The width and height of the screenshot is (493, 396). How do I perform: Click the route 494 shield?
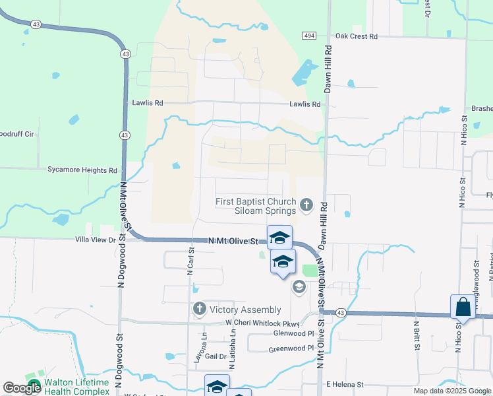click(x=310, y=35)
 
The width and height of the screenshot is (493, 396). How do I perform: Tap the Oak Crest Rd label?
click(x=356, y=36)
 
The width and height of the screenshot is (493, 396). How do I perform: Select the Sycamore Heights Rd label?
click(x=82, y=170)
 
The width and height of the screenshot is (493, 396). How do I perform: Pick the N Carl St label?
click(x=190, y=260)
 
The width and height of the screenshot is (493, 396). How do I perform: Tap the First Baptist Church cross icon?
click(x=306, y=206)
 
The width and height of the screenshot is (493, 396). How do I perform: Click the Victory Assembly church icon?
click(x=200, y=309)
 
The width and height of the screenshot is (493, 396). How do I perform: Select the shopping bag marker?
click(x=463, y=308)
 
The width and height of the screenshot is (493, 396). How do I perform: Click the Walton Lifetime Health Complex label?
click(x=72, y=387)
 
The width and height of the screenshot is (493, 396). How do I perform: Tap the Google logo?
click(x=22, y=388)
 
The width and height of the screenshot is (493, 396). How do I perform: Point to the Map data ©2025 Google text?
click(x=451, y=391)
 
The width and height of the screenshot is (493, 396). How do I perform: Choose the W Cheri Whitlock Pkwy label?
click(x=262, y=323)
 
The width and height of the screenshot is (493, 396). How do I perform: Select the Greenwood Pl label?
click(x=287, y=348)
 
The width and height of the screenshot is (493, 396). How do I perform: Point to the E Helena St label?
click(x=345, y=384)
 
